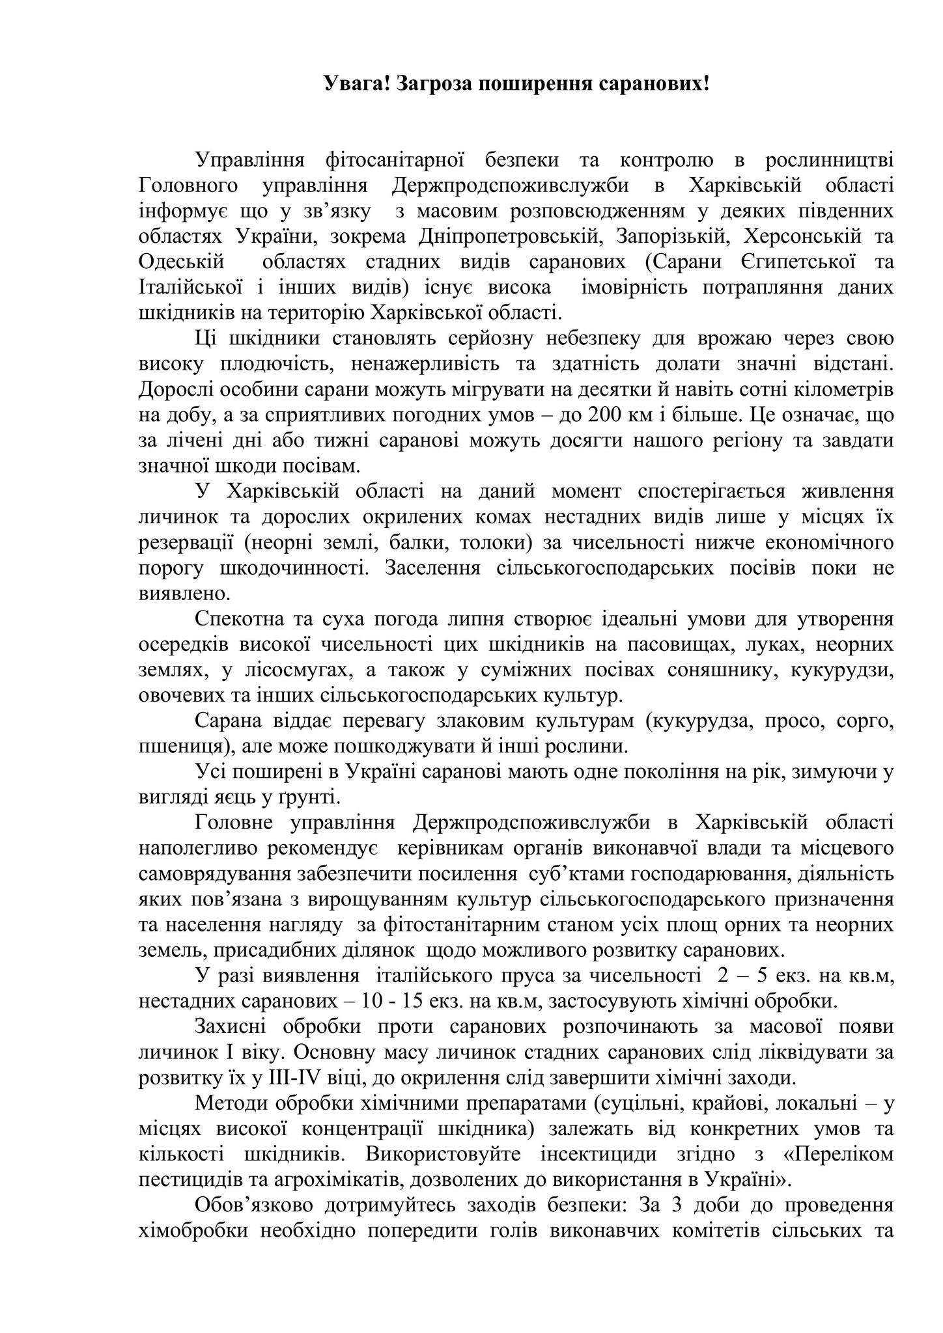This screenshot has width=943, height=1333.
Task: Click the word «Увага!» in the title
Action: (356, 83)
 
